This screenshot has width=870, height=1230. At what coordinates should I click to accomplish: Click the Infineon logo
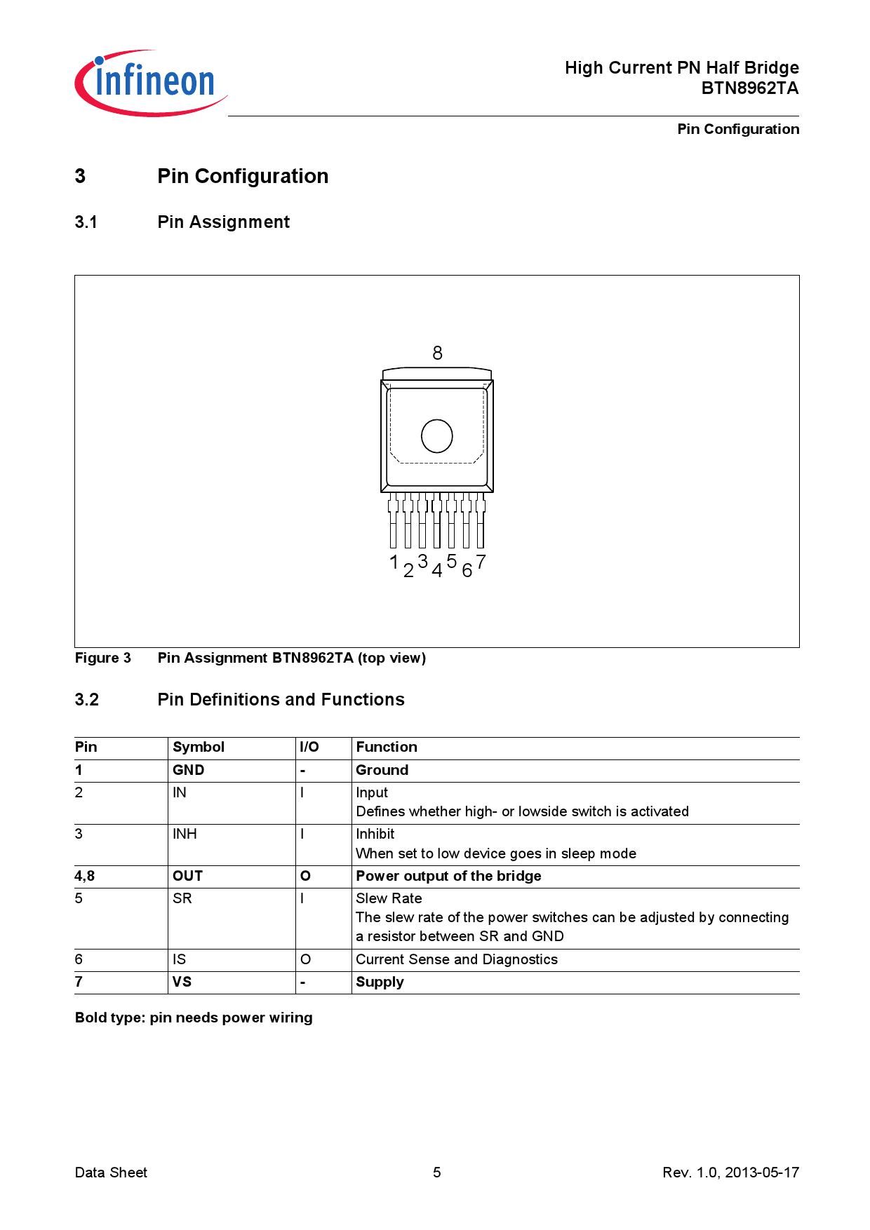pos(151,83)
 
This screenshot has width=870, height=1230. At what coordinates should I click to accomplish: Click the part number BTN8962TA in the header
pos(749,88)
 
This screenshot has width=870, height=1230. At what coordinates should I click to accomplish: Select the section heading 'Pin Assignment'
pos(223,222)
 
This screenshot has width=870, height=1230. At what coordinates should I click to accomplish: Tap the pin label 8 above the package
pos(437,353)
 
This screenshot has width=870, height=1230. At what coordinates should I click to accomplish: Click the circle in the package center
pos(436,436)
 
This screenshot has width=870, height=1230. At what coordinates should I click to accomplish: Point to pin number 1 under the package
pos(394,562)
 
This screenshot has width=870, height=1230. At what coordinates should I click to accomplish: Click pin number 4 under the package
pos(436,570)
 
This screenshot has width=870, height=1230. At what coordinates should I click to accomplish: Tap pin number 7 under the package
pos(481,562)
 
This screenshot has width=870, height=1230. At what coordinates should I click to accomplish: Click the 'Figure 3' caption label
pos(102,658)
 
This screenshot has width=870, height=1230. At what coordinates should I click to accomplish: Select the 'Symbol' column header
pos(199,747)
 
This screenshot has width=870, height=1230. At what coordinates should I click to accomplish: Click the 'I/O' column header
pos(309,747)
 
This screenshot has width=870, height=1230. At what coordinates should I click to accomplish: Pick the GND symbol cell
pos(188,770)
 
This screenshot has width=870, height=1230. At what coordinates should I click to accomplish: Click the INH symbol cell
pos(185,834)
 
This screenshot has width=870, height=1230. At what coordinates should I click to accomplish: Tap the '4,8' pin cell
pos(85,876)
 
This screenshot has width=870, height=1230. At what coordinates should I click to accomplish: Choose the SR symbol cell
pos(182,898)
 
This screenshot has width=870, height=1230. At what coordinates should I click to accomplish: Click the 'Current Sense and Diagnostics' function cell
pos(456,959)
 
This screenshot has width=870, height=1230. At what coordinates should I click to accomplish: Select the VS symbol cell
pos(182,982)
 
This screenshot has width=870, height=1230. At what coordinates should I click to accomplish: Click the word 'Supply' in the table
pos(380,982)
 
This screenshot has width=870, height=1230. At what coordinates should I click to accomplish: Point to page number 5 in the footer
pos(436,1172)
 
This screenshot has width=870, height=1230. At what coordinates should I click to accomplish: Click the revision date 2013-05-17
pos(761,1172)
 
